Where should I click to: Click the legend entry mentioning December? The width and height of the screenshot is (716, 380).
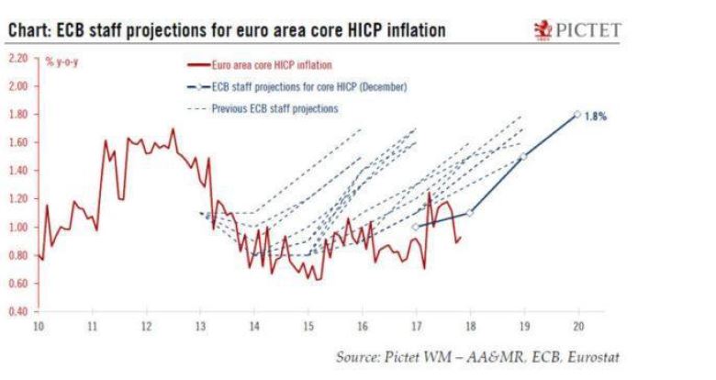[x=298, y=87]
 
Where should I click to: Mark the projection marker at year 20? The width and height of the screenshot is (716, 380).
[x=577, y=114]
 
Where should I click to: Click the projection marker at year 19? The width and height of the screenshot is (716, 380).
[x=523, y=156]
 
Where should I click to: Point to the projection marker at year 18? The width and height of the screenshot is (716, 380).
[x=470, y=212]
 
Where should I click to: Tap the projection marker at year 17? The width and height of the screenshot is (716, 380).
[x=416, y=227]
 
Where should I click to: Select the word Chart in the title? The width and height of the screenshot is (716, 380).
[x=28, y=31]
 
